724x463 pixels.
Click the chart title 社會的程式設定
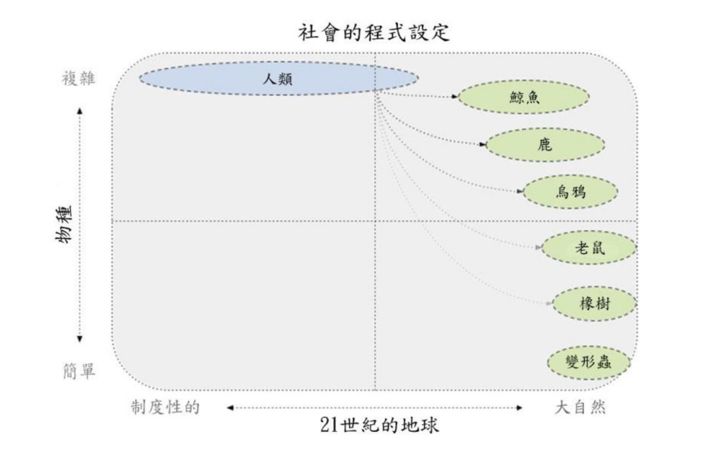373,33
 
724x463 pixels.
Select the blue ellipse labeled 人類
279,78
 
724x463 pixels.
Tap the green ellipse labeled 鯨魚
524,97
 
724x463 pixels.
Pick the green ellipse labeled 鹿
545,145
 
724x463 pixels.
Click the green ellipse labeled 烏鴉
571,192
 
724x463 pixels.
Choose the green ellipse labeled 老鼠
589,248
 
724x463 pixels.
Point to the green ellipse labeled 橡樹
595,304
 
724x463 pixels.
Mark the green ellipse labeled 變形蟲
589,363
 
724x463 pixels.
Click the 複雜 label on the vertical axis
78,78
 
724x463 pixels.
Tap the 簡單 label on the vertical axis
79,370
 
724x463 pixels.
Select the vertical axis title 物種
64,224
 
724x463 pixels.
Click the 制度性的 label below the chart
165,407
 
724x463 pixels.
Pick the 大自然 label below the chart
580,407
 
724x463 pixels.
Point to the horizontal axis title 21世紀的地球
379,425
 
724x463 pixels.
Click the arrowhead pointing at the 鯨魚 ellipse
455,96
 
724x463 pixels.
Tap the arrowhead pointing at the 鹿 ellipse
483,144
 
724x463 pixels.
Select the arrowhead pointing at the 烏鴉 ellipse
520,191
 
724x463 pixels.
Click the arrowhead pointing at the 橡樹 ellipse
549,303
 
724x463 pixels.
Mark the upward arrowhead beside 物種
80,111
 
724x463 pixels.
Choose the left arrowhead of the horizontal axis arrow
230,408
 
